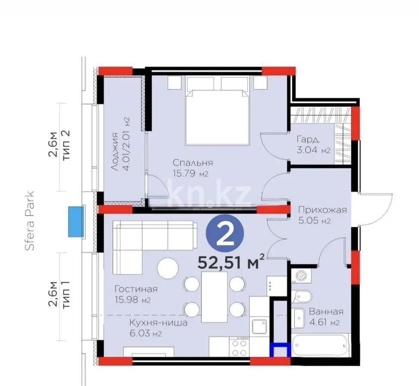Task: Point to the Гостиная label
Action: (136, 289)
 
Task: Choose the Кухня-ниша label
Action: (159, 323)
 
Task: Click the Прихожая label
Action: (322, 210)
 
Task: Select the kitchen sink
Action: (259, 327)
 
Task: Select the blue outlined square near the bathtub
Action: (280, 350)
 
